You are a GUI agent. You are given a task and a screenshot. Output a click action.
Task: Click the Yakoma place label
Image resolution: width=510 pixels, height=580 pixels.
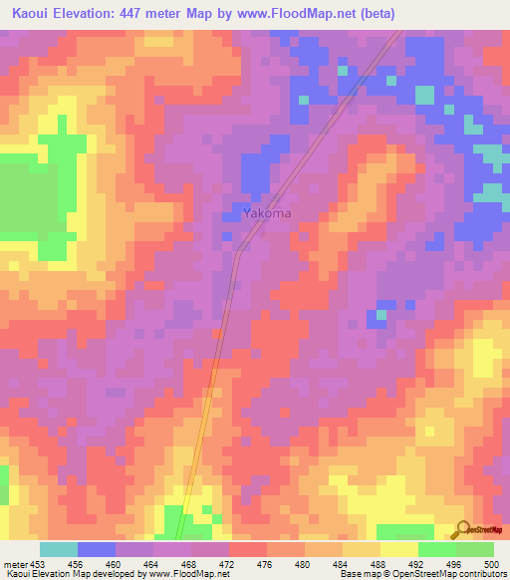[268, 212]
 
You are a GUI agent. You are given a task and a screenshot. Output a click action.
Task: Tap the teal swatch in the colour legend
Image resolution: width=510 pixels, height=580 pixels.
[59, 549]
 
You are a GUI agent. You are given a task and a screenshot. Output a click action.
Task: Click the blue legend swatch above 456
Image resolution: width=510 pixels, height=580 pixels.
[97, 549]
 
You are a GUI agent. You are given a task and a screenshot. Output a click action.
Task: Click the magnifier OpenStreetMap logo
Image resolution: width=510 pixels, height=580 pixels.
[462, 528]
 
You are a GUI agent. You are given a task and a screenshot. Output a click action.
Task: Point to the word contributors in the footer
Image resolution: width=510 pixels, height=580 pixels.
[480, 574]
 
